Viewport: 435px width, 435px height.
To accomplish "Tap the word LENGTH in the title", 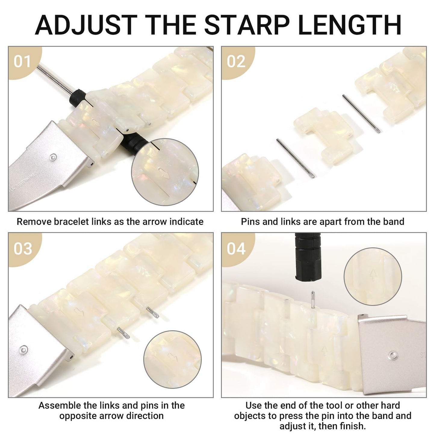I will tap(350, 25).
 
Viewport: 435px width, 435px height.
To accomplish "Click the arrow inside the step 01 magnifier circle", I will tap(163, 173).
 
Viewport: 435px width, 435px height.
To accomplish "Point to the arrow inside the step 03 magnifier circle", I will tap(173, 357).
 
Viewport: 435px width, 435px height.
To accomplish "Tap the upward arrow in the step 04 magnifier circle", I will tap(373, 274).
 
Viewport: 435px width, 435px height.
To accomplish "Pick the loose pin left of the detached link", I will tap(295, 158).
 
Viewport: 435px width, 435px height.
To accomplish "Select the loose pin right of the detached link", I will tap(361, 113).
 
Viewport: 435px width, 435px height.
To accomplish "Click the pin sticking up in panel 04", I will tap(313, 299).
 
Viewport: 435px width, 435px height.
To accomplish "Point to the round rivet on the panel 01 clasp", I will tap(53, 157).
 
